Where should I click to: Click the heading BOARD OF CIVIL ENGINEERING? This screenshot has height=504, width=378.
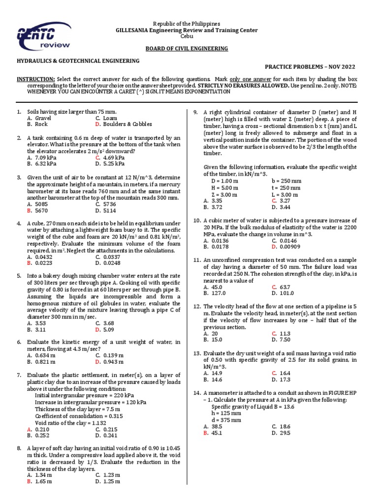coord(186,48)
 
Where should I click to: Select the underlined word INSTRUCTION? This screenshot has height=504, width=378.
coord(36,79)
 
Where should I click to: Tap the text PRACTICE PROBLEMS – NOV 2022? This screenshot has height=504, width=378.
coord(310,67)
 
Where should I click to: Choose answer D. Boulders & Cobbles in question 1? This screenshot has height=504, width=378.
coord(124,125)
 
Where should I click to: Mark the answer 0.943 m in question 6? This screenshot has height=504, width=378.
coord(114,362)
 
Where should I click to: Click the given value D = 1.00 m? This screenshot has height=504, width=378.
coord(224,181)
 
